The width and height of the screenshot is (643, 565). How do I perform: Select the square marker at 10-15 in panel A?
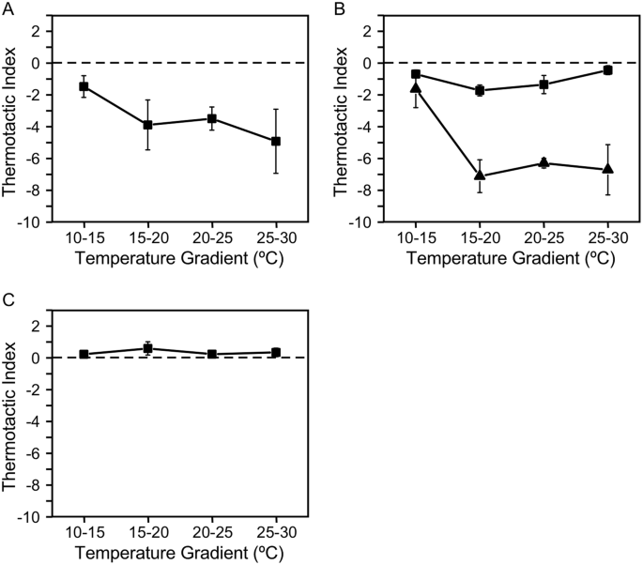coord(84,86)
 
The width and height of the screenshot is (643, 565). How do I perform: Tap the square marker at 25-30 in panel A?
coord(276,141)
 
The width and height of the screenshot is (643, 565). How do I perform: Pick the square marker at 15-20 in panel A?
coord(147,125)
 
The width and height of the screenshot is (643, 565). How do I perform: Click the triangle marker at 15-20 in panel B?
coord(480,176)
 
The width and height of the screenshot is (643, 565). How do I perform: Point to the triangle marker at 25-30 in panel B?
coord(607,169)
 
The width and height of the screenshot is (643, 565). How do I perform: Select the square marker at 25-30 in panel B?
coord(607,70)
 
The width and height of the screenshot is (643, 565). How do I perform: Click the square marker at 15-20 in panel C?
coord(147,348)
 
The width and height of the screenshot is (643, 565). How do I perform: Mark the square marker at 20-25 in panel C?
coord(212,354)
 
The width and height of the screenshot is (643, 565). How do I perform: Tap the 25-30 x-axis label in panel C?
coord(276,533)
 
